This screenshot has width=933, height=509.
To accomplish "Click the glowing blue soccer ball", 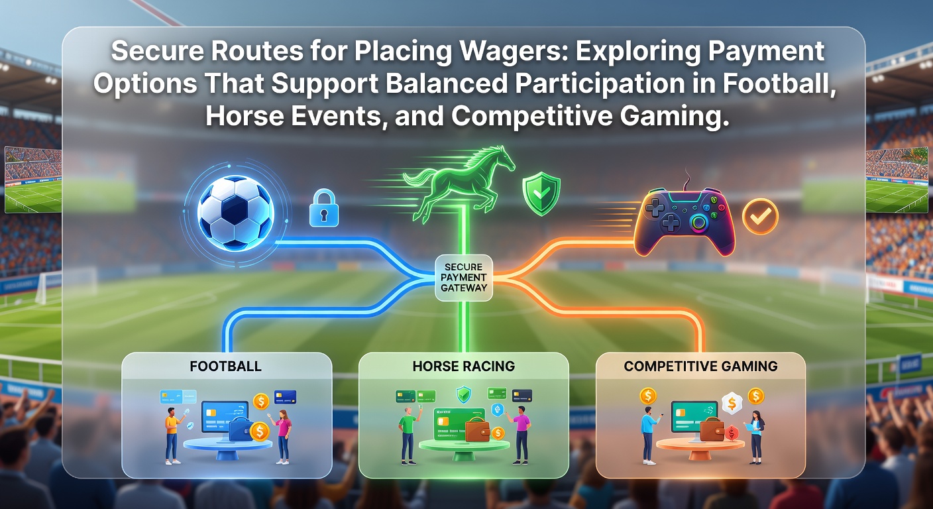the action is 236,213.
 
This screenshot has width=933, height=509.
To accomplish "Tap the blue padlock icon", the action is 323,208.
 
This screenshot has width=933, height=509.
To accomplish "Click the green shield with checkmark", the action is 541,194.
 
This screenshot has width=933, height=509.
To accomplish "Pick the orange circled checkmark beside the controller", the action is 760,216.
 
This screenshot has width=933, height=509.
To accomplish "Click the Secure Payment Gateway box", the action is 464,278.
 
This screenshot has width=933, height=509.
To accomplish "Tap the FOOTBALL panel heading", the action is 226,366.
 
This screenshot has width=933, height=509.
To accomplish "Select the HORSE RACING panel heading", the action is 464,366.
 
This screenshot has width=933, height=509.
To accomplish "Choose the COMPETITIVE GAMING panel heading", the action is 700,366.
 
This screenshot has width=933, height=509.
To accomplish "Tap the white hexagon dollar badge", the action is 732,403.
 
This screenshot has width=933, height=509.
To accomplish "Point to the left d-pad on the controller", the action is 655,207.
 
